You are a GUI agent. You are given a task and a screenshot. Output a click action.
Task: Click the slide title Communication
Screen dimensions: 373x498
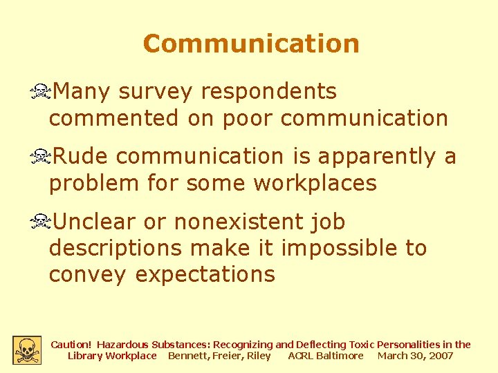[251, 44]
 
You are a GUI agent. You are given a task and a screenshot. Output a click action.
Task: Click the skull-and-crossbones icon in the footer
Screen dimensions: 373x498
[27, 350]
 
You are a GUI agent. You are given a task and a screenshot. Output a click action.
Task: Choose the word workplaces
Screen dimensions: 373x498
[315, 184]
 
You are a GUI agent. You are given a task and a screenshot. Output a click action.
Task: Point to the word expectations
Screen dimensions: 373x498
[205, 274]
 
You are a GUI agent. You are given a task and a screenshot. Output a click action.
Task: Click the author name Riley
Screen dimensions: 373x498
[259, 356]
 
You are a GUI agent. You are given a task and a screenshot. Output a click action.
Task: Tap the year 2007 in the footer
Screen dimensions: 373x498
[441, 356]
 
